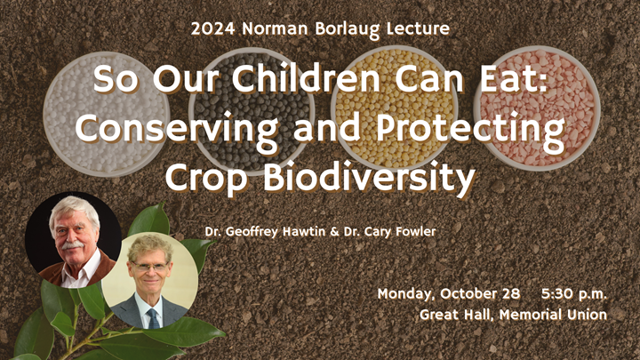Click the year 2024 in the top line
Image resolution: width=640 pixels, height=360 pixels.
211,28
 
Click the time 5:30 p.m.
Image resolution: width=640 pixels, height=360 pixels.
572,293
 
